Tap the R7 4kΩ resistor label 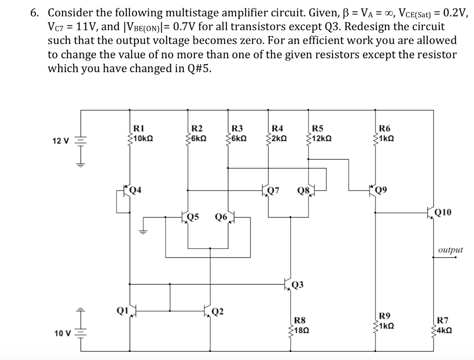443,325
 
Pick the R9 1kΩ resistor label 386,321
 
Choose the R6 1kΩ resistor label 385,134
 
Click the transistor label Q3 298,284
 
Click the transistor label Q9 381,189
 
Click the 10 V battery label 62,333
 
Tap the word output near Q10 450,250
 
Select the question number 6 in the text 34,13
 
